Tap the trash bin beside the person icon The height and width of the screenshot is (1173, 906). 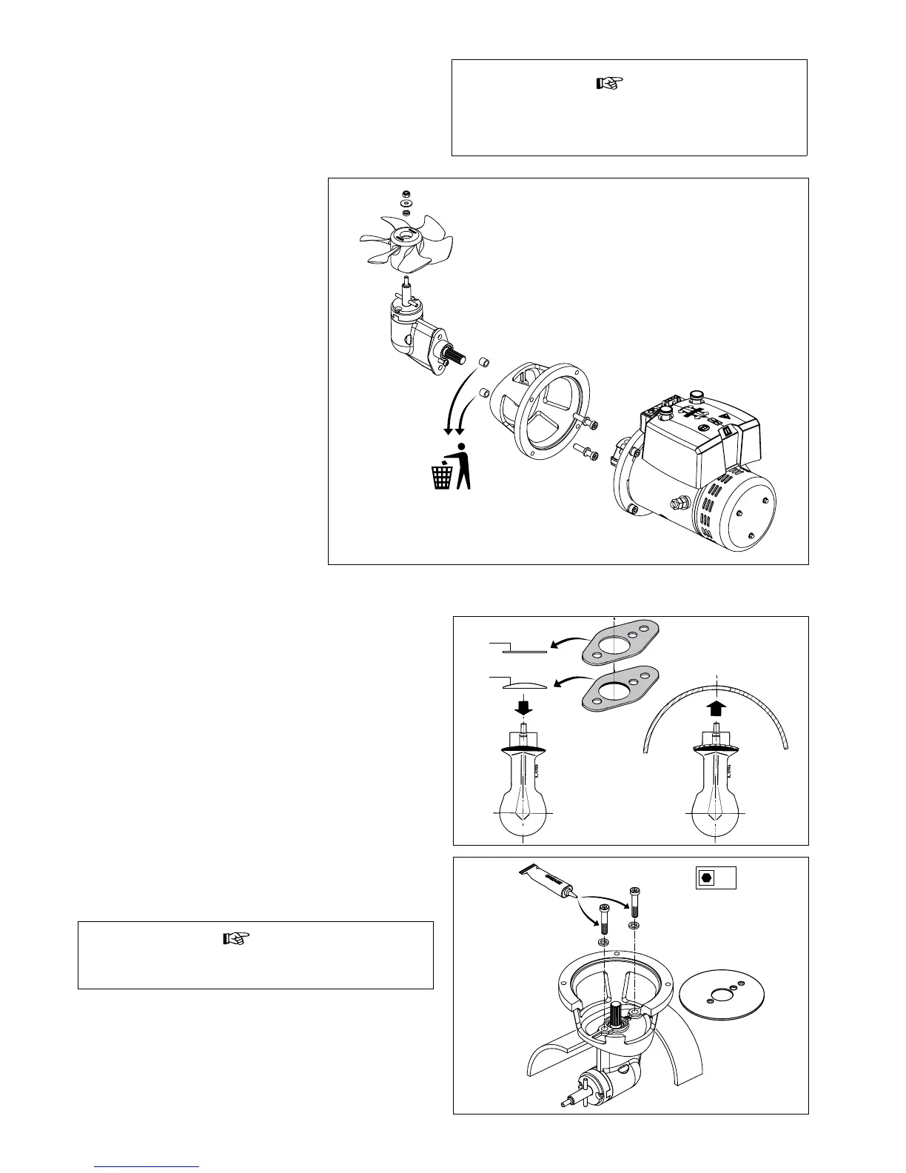tap(442, 475)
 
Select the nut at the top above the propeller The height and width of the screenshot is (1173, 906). tap(406, 192)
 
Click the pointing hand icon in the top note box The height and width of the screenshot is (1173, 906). tap(611, 83)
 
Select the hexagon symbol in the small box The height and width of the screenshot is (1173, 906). tap(706, 877)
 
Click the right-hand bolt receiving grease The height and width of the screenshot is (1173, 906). tap(634, 901)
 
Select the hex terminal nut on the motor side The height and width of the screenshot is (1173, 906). tap(677, 504)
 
